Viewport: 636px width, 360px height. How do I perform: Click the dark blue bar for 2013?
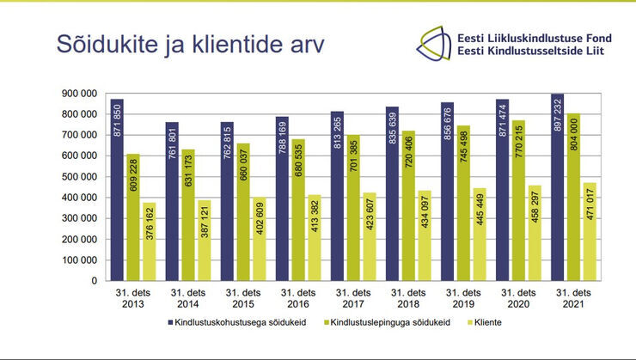pos(116,189)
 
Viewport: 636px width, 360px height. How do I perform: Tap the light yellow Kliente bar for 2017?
pos(370,236)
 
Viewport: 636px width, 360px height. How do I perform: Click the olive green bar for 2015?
pos(242,211)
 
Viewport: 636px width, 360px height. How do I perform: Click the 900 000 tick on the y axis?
pos(79,93)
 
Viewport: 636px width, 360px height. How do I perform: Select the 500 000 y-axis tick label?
pos(79,176)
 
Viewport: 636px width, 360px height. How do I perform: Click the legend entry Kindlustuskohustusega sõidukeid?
pos(238,323)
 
